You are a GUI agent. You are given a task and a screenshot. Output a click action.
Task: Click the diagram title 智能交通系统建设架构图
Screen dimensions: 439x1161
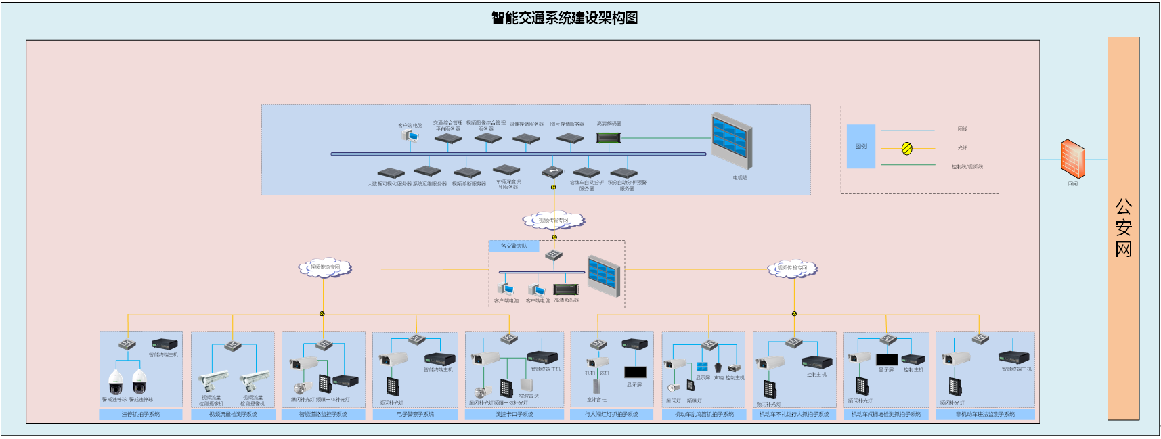tap(565, 18)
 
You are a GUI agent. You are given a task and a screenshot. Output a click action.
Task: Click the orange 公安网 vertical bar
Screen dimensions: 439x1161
tap(1123, 228)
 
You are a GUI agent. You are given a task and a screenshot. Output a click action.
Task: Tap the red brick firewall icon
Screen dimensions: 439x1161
tap(1072, 159)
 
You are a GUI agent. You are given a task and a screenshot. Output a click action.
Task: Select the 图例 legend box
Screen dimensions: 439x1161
tap(860, 146)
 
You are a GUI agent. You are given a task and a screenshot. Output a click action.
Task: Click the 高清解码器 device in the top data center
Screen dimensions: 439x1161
tap(608, 137)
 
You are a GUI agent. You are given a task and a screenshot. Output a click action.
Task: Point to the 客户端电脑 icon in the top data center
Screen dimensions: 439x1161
tap(410, 136)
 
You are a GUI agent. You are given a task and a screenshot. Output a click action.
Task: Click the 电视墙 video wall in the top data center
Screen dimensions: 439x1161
tap(732, 141)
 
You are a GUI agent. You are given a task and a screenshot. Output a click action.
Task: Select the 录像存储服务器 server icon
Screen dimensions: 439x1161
tap(526, 138)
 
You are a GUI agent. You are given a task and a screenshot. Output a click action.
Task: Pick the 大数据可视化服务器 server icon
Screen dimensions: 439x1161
tap(391, 172)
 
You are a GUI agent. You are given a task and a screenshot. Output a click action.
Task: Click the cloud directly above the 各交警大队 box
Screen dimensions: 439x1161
tap(554, 221)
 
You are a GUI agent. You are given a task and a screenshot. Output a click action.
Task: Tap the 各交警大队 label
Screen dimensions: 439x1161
tap(514, 246)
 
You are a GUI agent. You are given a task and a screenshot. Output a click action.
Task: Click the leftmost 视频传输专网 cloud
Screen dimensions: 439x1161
tap(325, 268)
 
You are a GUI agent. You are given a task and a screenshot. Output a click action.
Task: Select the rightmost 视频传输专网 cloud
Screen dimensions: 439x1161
tap(792, 269)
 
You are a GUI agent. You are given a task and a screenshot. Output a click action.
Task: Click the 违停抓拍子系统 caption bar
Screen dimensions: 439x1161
tap(141, 414)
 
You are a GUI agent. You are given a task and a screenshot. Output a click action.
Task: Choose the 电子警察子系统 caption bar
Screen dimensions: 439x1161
tap(415, 414)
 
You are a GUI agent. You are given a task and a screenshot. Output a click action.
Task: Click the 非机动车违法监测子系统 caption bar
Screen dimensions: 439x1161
tap(985, 414)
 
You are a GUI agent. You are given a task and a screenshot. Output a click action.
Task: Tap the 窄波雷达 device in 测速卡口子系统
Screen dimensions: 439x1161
tap(527, 386)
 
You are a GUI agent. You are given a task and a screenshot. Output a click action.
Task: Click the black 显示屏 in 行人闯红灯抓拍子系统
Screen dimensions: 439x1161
tap(635, 372)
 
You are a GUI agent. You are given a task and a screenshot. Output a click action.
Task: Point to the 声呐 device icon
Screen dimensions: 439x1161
tap(718, 367)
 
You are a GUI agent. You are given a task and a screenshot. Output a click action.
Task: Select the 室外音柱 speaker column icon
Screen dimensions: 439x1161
tap(596, 386)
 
